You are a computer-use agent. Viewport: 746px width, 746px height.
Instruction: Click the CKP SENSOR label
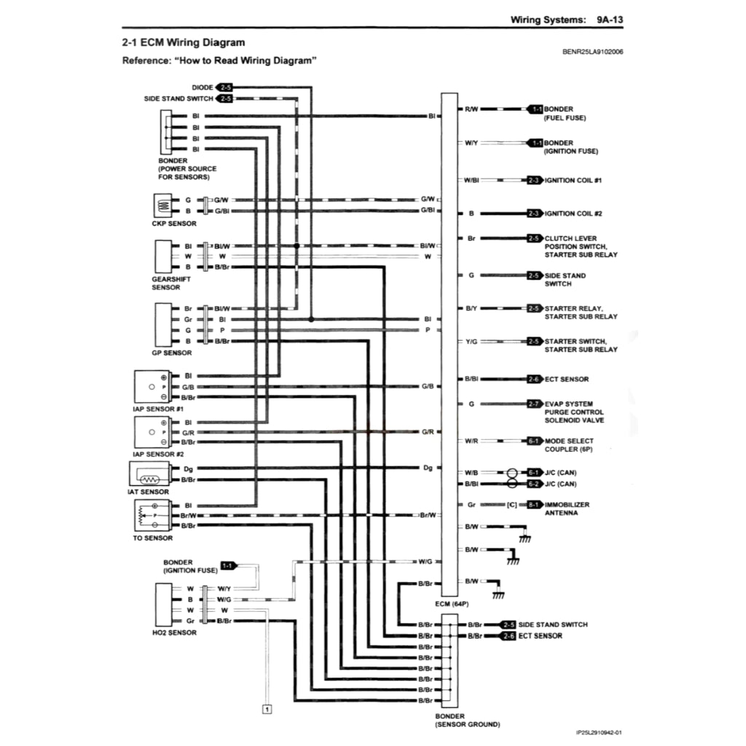tap(174, 224)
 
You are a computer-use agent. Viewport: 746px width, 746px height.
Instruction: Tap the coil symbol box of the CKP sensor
tap(162, 205)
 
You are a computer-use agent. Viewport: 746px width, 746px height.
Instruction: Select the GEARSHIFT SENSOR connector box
tap(163, 257)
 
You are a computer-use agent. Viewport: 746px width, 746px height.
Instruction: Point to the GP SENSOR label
tap(172, 353)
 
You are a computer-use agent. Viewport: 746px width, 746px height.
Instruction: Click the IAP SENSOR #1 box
tap(152, 387)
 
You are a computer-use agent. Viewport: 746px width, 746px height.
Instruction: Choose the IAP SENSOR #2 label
tap(158, 455)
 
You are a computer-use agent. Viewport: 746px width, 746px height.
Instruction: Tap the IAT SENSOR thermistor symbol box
tap(149, 474)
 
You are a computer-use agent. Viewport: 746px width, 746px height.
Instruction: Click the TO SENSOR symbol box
tap(152, 516)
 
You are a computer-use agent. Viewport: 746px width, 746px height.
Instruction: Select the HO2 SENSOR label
tap(174, 633)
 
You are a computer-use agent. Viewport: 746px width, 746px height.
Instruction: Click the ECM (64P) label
tap(452, 604)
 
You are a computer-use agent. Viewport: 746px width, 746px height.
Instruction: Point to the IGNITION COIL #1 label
tap(573, 181)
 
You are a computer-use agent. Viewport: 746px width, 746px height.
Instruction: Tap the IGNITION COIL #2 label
tap(573, 213)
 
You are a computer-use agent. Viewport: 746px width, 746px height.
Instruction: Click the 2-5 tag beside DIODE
tap(224, 87)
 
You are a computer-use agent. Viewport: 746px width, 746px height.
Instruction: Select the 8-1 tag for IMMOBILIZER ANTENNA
tap(535, 505)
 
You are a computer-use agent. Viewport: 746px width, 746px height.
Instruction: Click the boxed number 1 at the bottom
tap(267, 710)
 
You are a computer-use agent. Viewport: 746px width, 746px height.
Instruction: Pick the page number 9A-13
tap(610, 20)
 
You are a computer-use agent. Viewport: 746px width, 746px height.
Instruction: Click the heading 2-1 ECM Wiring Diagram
tap(184, 42)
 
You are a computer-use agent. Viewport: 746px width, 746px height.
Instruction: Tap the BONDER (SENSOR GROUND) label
tap(468, 721)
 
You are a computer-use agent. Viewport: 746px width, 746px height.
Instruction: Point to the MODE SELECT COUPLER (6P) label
tap(569, 445)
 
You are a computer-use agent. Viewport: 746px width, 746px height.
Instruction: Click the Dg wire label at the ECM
tap(428, 468)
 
